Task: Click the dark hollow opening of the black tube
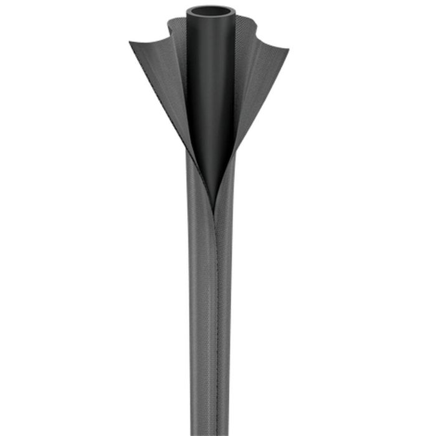click(x=210, y=11)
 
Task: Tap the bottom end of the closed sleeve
click(x=210, y=432)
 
